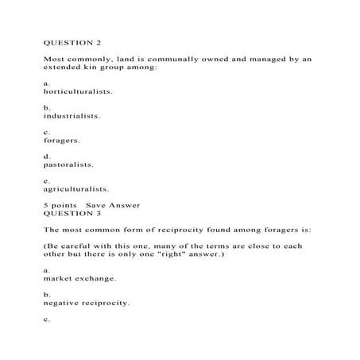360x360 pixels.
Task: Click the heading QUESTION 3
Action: [x=71, y=214]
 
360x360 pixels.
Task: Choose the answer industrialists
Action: [x=72, y=115]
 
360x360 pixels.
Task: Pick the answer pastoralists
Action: [x=68, y=165]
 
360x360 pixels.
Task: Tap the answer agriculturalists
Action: [x=77, y=189]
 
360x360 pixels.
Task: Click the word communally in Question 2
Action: [x=180, y=58]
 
